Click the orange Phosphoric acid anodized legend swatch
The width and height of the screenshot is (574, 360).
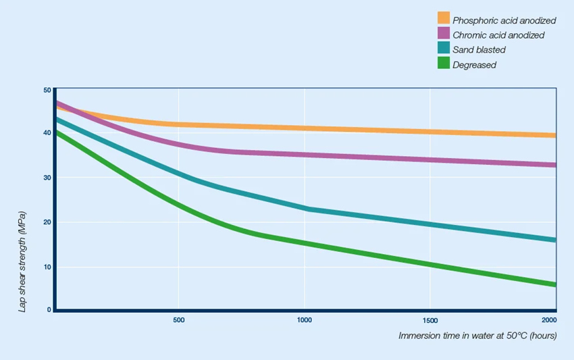tap(444, 18)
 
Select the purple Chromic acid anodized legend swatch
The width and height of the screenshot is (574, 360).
tap(444, 33)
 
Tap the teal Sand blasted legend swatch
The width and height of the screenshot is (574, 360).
tap(444, 48)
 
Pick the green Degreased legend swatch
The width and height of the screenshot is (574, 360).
tap(444, 63)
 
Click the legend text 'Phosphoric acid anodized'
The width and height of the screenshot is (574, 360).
tap(504, 20)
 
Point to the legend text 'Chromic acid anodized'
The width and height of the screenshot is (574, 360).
tap(498, 35)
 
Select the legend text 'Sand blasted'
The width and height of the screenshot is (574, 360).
tap(479, 50)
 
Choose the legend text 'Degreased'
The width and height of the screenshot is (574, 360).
tap(474, 65)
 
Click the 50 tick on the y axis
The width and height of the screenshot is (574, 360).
tap(47, 90)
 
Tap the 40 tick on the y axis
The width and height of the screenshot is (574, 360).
tap(47, 133)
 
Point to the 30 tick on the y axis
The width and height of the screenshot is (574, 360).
tap(47, 178)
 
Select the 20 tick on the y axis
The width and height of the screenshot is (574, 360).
tap(47, 222)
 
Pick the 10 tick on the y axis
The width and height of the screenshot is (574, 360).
tap(47, 267)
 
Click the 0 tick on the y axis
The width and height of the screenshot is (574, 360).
tap(49, 309)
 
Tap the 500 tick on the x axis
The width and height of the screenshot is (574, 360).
tap(179, 320)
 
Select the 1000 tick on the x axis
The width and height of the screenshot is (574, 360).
tap(305, 320)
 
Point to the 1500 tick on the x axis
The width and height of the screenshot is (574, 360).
tap(430, 320)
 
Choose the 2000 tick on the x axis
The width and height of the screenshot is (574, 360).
tap(550, 320)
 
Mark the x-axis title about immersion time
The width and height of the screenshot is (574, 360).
tap(477, 336)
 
